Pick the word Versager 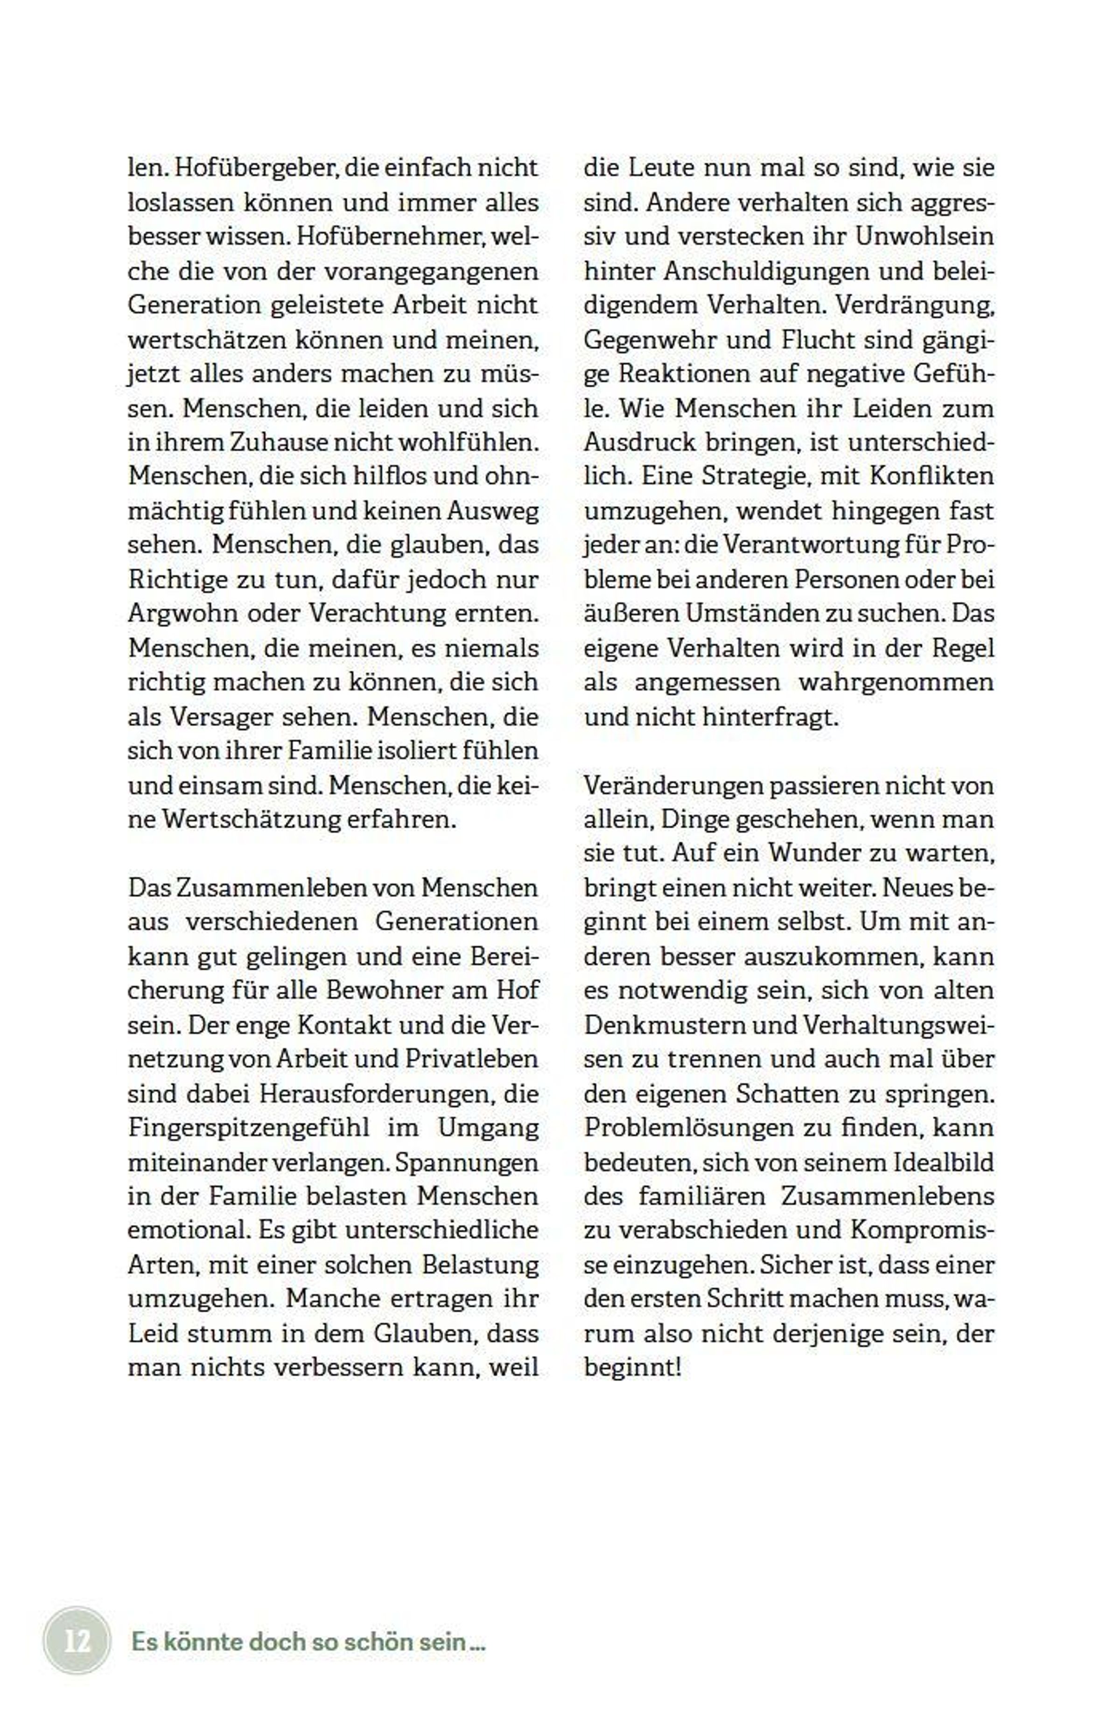221,717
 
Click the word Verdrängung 915,305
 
